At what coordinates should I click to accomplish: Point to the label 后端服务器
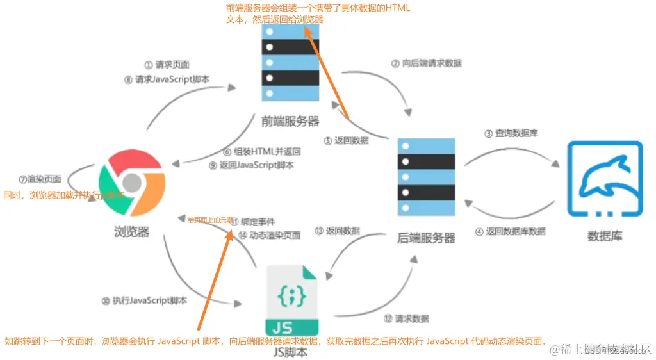coord(427,238)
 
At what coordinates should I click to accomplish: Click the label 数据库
coord(605,236)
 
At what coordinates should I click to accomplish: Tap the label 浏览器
coord(131,232)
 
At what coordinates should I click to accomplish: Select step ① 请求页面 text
coord(167,65)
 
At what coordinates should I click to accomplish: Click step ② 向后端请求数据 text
coord(427,63)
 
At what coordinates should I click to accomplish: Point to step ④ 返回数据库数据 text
coord(511,231)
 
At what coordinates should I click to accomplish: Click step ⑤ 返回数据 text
coord(347,140)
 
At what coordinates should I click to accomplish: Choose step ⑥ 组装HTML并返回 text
coord(262,152)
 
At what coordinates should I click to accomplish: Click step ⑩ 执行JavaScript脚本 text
coord(145,300)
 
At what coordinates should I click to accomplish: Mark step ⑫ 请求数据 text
coord(407,318)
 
